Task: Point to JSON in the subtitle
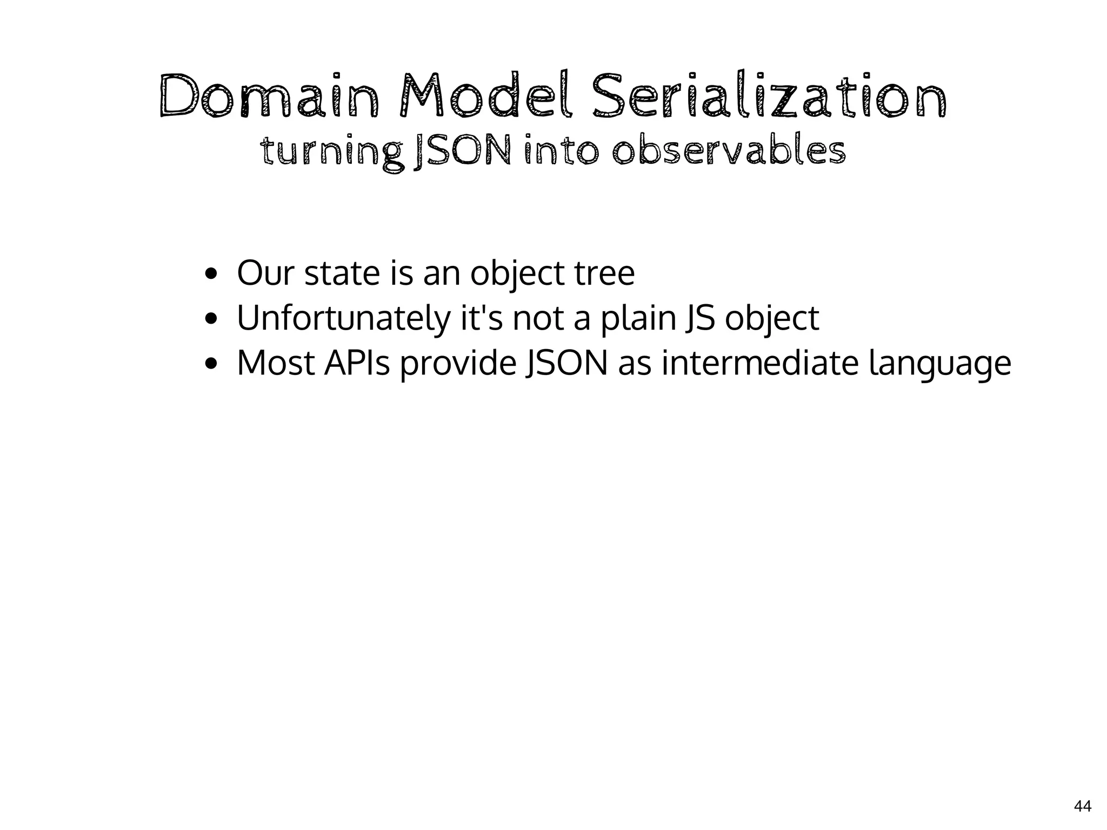462,153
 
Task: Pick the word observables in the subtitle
729,153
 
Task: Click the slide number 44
1082,806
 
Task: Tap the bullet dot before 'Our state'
211,273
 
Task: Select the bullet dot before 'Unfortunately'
211,319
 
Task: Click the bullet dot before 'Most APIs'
211,364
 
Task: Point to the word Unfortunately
343,319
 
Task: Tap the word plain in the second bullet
638,319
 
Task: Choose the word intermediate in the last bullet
760,364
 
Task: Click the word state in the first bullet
342,273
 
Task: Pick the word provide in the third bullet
458,364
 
